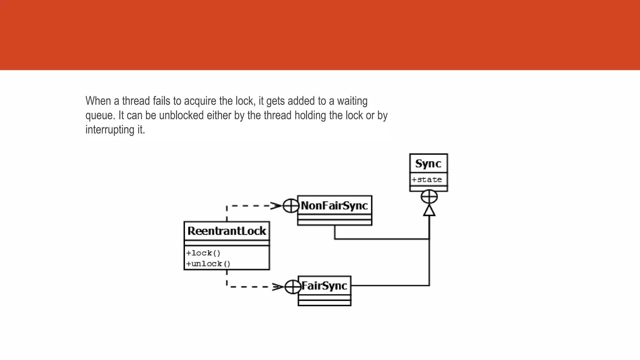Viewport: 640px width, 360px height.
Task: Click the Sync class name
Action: coord(428,164)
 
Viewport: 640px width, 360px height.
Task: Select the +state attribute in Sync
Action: coord(427,180)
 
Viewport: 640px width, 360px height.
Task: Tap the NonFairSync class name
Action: coord(334,206)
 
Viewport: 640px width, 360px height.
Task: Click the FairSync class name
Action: coord(324,286)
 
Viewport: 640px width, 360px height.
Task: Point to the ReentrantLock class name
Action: coord(227,231)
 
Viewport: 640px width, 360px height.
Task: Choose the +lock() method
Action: coord(203,253)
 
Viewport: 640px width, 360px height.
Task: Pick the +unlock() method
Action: coord(208,264)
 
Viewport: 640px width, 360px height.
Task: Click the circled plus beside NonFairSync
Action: coord(291,206)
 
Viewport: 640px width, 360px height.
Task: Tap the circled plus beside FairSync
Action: coord(293,287)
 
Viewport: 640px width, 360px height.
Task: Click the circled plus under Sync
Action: coord(429,197)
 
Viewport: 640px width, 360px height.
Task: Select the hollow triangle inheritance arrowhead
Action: coord(429,211)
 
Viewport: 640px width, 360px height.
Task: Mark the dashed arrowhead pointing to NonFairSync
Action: coord(276,206)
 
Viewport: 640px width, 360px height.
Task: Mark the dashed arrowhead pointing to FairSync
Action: coord(278,287)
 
